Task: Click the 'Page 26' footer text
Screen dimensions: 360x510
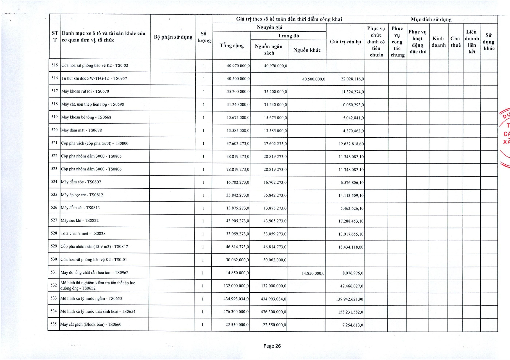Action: pyautogui.click(x=272, y=346)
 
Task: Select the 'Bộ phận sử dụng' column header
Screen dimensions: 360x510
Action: pyautogui.click(x=173, y=37)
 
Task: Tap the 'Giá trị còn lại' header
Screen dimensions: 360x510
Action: pyautogui.click(x=346, y=42)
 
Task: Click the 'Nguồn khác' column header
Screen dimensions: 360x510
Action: pyautogui.click(x=307, y=50)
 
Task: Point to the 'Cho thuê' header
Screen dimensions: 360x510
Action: pyautogui.click(x=455, y=42)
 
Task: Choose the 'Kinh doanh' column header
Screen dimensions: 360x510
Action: pyautogui.click(x=438, y=42)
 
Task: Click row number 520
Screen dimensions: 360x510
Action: pyautogui.click(x=54, y=130)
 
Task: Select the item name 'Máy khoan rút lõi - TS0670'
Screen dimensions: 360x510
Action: pyautogui.click(x=85, y=91)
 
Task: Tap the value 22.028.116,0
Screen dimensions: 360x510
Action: pyautogui.click(x=352, y=79)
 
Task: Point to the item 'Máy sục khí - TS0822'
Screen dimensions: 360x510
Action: pyautogui.click(x=80, y=221)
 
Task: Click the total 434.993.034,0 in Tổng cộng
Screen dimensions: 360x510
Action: pyautogui.click(x=236, y=299)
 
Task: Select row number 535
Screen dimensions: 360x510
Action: pyautogui.click(x=53, y=324)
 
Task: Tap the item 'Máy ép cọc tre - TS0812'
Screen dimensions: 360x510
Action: pyautogui.click(x=82, y=195)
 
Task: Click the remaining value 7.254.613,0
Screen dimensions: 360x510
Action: pyautogui.click(x=352, y=325)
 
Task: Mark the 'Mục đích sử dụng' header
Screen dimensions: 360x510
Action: pyautogui.click(x=431, y=19)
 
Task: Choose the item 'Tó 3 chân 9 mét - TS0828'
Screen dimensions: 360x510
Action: pyautogui.click(x=83, y=233)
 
